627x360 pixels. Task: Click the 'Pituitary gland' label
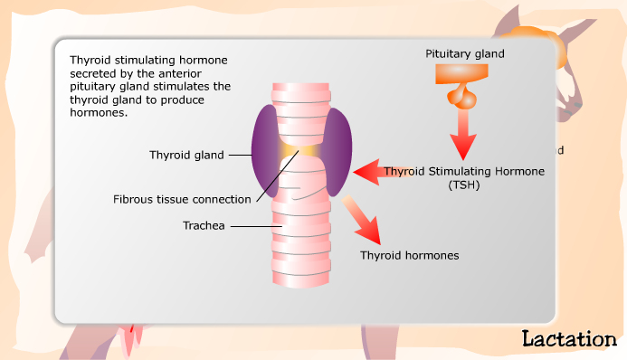point(465,54)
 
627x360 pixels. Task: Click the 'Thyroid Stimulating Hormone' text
point(465,171)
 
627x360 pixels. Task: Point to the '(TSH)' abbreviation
point(465,185)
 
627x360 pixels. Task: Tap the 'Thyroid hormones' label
point(410,256)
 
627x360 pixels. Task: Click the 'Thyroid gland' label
point(186,155)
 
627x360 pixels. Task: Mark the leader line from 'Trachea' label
point(252,226)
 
